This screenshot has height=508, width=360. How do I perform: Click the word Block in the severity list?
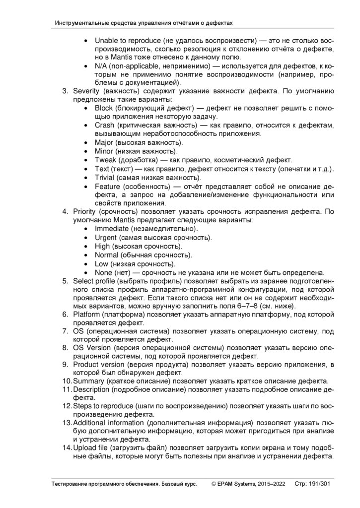[x=104, y=108]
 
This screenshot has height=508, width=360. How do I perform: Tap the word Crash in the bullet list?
[x=104, y=126]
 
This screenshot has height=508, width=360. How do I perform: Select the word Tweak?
[x=105, y=160]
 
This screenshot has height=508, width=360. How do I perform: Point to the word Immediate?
[x=112, y=229]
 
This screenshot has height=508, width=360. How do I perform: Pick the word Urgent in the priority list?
[x=106, y=238]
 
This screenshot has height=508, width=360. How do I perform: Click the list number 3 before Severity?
[x=65, y=91]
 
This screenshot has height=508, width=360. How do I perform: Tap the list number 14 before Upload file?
[x=67, y=448]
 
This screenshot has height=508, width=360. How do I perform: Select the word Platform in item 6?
[x=87, y=315]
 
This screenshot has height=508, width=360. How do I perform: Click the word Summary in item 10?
[x=88, y=381]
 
